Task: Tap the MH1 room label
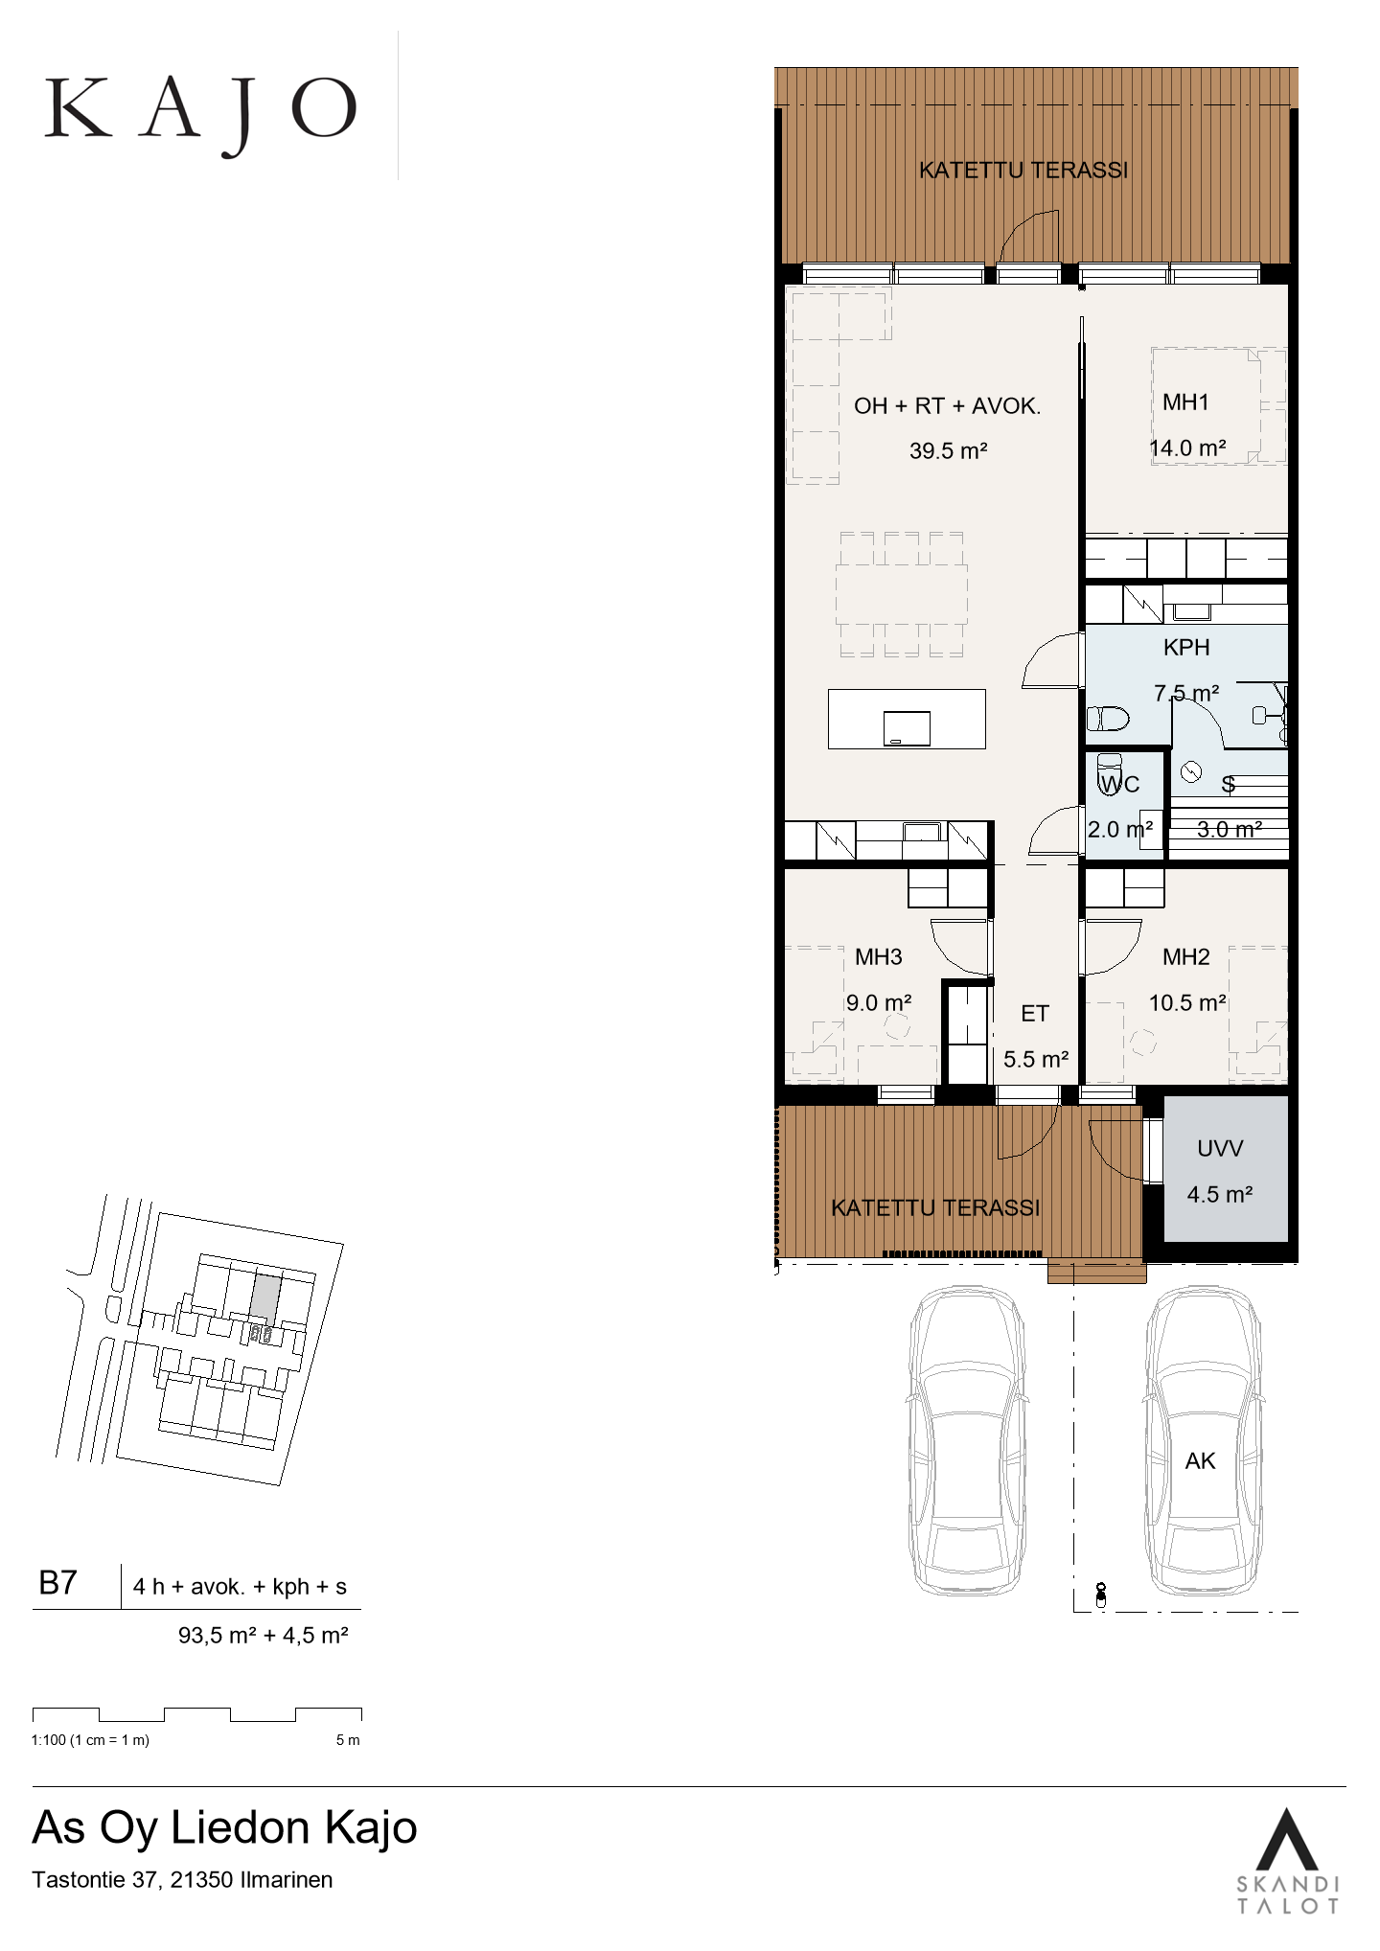1185,402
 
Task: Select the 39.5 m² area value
949,450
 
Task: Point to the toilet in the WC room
1109,772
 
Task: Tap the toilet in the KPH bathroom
1108,718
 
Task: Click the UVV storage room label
1220,1148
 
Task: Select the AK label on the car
1200,1460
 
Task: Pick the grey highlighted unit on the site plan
265,1295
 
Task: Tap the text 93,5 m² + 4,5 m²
263,1635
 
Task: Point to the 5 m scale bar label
348,1740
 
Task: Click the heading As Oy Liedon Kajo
225,1828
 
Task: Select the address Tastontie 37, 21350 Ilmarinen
183,1879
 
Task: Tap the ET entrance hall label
1035,1013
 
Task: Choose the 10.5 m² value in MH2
1188,1002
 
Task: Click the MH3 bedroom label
879,956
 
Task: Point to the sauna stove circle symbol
1192,772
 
